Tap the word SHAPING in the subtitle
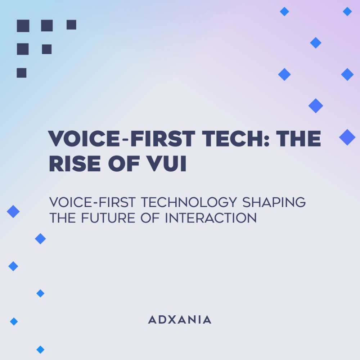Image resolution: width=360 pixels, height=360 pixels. (274, 202)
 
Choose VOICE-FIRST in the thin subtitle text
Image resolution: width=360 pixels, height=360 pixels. (93, 202)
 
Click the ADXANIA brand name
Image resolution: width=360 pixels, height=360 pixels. (180, 320)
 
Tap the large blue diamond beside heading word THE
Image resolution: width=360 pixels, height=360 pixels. (347, 137)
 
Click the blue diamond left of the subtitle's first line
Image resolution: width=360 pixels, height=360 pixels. (13, 211)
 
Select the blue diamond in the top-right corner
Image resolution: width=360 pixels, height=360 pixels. (347, 12)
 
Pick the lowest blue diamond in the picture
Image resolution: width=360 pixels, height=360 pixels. (40, 349)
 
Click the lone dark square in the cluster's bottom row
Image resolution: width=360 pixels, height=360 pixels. (22, 73)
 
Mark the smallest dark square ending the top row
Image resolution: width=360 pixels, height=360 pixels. (71, 25)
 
